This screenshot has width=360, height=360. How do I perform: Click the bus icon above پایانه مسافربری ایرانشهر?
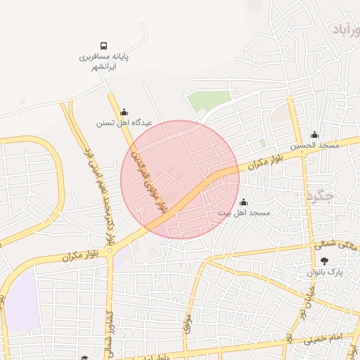pyautogui.click(x=104, y=44)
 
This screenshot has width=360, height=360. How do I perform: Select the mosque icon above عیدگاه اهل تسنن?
pyautogui.click(x=124, y=111)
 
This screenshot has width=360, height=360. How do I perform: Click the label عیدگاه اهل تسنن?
pyautogui.click(x=124, y=122)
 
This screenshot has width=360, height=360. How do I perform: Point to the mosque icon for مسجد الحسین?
pyautogui.click(x=314, y=134)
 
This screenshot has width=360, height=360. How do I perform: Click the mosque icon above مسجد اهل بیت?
pyautogui.click(x=244, y=202)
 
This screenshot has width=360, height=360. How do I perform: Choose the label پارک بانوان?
pyautogui.click(x=323, y=272)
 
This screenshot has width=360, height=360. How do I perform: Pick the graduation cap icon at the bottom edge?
pyautogui.click(x=84, y=357)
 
